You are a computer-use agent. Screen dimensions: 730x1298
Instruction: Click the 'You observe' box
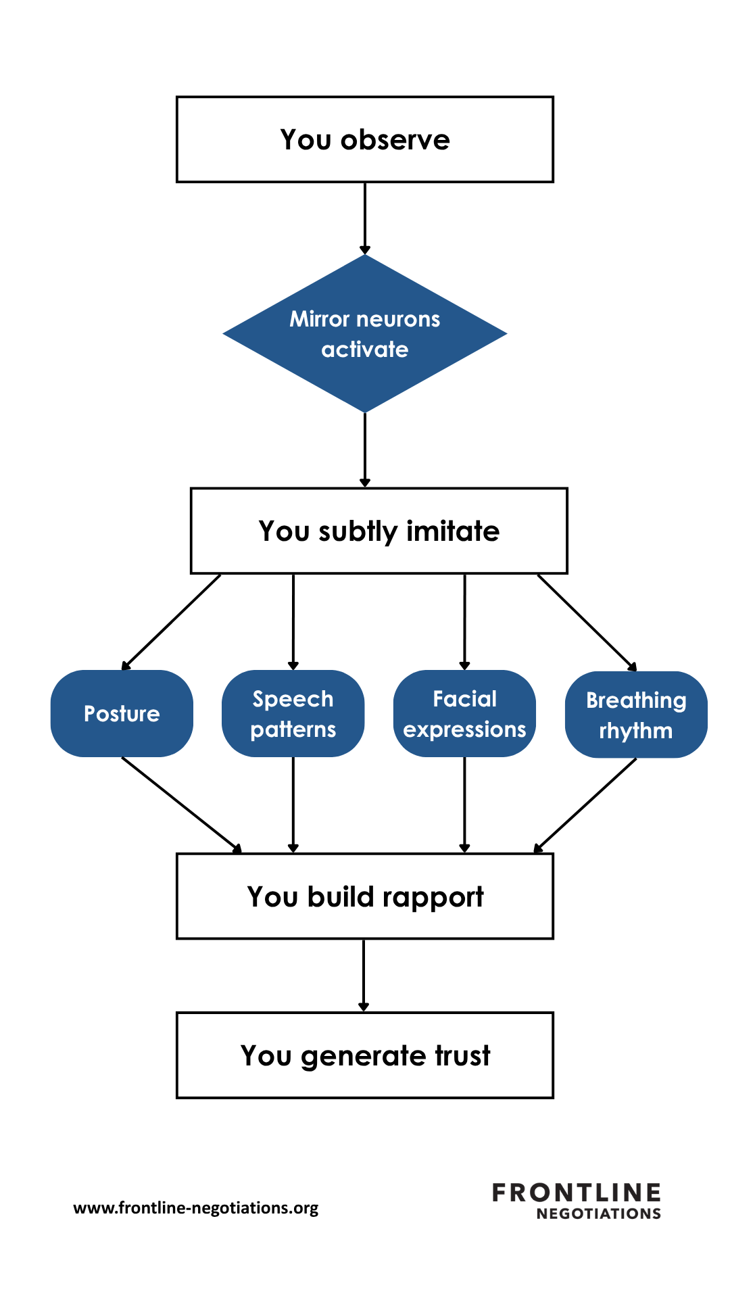coord(365,139)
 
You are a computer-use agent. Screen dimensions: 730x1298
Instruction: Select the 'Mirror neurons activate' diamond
coord(365,333)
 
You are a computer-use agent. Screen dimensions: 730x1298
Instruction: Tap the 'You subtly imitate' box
coord(379,531)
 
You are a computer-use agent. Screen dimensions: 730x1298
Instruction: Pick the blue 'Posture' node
coord(122,713)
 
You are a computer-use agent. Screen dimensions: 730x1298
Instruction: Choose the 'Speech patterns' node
coord(293,713)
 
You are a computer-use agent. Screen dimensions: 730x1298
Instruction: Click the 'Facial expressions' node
coord(464,713)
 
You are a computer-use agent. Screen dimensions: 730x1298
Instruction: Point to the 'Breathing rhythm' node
coord(636,715)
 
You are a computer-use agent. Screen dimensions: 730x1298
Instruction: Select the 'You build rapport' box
coord(365,896)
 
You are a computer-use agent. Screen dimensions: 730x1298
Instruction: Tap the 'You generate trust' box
coord(365,1055)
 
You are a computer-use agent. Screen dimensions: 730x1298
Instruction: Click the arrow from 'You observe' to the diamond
coord(365,218)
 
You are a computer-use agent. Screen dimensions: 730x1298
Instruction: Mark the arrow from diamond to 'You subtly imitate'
coord(365,450)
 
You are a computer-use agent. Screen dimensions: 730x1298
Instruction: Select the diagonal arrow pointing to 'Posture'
coord(171,623)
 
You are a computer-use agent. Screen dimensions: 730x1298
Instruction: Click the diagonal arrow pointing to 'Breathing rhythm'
coord(587,623)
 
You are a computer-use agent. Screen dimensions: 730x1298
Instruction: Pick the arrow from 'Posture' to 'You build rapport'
coord(182,805)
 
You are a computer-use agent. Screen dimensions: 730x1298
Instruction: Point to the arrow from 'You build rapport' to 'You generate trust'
coord(364,976)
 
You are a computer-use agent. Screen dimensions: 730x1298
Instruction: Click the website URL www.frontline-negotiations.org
coord(196,1208)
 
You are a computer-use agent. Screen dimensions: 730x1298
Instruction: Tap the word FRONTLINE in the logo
coord(577,1193)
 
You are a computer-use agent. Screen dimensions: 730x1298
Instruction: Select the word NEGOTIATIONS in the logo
coord(599,1213)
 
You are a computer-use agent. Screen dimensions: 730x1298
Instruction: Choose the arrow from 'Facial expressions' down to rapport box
coord(464,805)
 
